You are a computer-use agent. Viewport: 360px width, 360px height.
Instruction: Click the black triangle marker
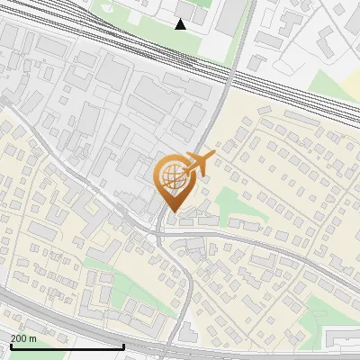[x=181, y=24]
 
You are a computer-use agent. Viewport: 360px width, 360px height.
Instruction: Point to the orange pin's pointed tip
[x=171, y=212]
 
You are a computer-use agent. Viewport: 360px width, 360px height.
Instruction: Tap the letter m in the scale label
[x=33, y=338]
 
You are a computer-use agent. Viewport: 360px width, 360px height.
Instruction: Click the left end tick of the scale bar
[x=10, y=346]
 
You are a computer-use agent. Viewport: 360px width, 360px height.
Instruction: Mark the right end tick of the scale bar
[x=123, y=346]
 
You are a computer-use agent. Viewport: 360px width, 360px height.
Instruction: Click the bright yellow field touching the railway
[x=337, y=81]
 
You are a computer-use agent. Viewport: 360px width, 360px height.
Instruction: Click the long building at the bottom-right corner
[x=342, y=337]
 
